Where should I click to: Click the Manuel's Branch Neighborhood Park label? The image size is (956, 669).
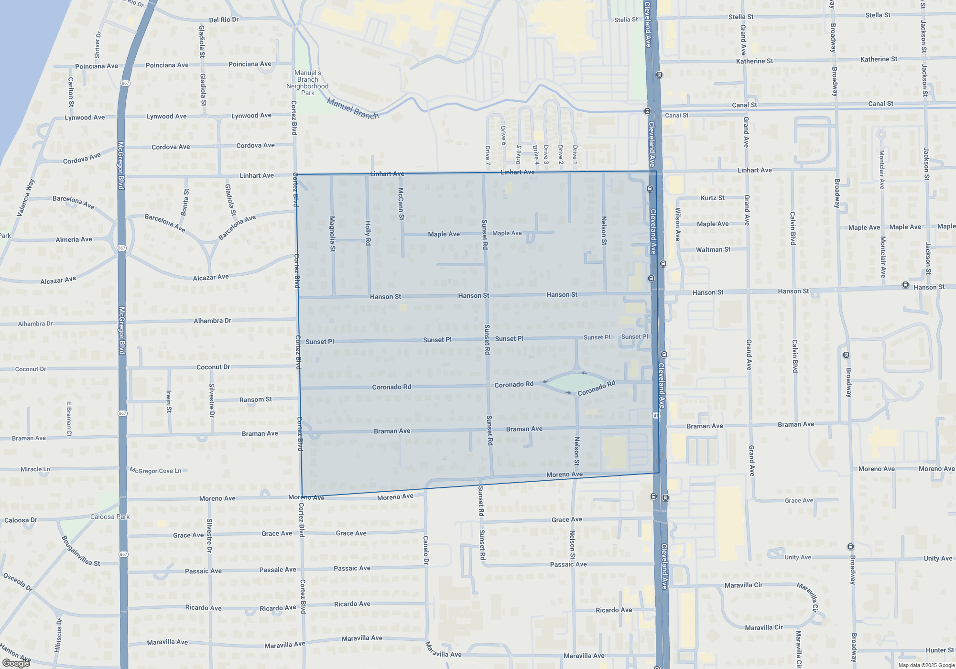(307, 83)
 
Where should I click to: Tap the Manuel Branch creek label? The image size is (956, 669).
(353, 108)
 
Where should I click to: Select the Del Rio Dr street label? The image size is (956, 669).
(224, 20)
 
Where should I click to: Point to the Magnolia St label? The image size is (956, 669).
(333, 234)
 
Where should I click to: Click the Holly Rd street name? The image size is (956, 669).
(368, 233)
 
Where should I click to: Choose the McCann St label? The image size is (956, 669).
(401, 204)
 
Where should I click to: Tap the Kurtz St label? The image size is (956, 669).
(712, 198)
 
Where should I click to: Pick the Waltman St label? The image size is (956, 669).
(713, 249)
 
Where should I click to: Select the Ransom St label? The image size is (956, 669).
(255, 399)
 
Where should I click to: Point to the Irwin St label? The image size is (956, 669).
(169, 401)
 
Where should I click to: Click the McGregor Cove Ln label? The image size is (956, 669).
(156, 471)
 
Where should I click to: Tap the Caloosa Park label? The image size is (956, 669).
(110, 517)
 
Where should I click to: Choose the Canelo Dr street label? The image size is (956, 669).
(426, 550)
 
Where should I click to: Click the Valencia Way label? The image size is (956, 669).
(26, 198)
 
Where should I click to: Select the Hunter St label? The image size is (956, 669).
(940, 650)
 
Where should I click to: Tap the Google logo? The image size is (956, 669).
(16, 663)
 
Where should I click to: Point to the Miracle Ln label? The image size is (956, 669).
(35, 469)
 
